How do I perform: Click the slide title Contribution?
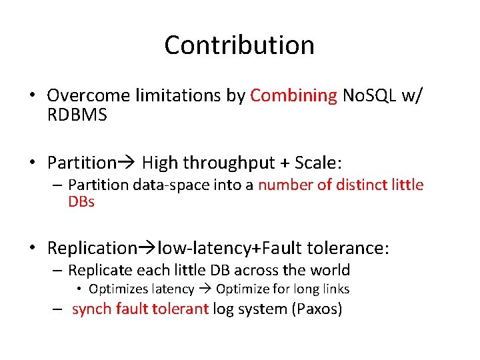[239, 45]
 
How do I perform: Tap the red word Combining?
[293, 96]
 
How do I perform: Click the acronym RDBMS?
[77, 115]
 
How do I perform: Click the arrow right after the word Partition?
[127, 163]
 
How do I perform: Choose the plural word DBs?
[81, 201]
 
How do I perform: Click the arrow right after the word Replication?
[147, 249]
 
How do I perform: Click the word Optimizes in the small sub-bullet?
[117, 289]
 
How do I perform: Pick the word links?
[334, 289]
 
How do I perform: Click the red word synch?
[91, 309]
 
